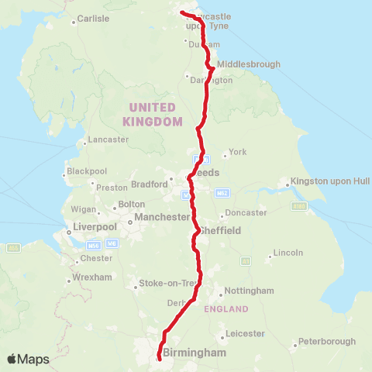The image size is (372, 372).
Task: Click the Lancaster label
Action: tap(108, 139)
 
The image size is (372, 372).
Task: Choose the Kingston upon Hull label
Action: tap(329, 182)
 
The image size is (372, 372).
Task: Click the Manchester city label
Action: tap(162, 218)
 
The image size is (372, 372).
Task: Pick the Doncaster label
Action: tap(246, 212)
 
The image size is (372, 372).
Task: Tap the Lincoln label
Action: tap(288, 253)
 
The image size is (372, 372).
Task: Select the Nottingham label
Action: tap(249, 291)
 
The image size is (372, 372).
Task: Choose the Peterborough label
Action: tap(326, 341)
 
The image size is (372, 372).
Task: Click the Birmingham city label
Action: tap(195, 353)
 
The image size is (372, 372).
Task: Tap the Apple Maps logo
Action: tap(28, 359)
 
